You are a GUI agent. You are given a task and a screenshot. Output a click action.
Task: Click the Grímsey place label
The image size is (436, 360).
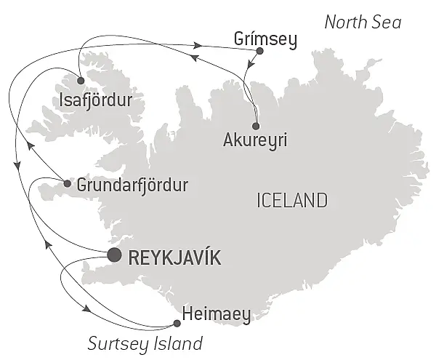267,40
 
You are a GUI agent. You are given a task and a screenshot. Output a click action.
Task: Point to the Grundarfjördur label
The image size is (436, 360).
132,185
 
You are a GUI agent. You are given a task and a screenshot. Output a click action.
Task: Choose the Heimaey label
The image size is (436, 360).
217,315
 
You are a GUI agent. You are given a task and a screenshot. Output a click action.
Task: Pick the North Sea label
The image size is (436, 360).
362,23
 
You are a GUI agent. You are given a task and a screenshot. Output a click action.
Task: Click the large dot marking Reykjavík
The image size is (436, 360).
114,255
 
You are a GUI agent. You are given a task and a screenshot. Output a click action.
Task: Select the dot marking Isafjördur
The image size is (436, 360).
81,81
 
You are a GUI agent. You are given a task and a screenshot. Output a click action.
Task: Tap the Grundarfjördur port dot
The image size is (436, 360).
68,184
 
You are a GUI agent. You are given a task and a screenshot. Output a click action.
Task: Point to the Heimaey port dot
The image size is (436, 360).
177,324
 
